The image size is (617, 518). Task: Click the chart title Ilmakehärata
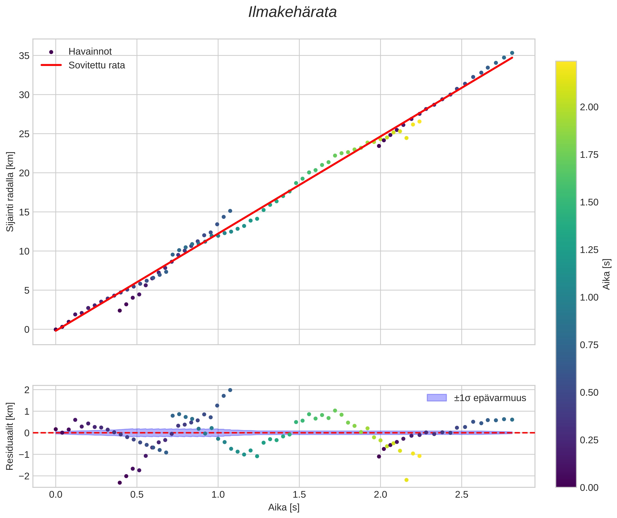pyautogui.click(x=292, y=12)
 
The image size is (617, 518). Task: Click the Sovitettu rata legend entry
pyautogui.click(x=96, y=65)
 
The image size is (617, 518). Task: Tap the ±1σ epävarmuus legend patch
pyautogui.click(x=436, y=398)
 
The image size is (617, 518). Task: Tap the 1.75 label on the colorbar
pyautogui.click(x=589, y=155)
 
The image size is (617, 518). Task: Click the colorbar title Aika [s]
pyautogui.click(x=606, y=274)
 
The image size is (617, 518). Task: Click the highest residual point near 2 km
pyautogui.click(x=230, y=390)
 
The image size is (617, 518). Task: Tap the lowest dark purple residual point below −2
pyautogui.click(x=120, y=483)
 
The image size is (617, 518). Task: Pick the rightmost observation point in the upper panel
pyautogui.click(x=512, y=53)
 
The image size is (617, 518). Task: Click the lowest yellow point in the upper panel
pyautogui.click(x=406, y=138)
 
